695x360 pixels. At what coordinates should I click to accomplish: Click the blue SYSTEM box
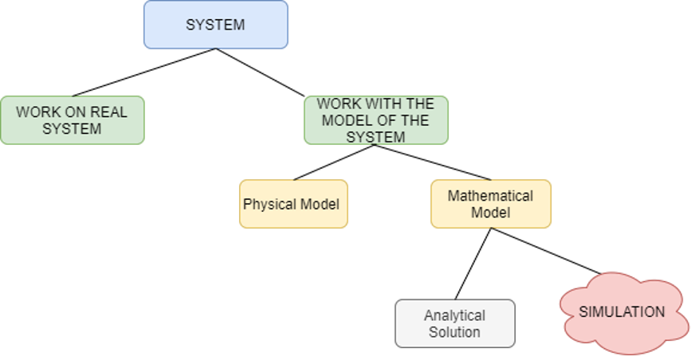point(215,25)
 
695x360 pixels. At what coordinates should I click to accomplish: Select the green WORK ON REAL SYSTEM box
point(72,120)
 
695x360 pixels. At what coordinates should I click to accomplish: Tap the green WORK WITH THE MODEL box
point(375,120)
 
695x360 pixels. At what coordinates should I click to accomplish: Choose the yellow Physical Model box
point(293,205)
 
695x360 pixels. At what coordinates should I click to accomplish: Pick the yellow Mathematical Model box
point(490,205)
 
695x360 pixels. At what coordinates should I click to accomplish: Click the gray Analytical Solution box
point(454,323)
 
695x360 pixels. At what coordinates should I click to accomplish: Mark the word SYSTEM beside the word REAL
point(72,128)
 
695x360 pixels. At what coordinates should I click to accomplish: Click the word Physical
point(269,205)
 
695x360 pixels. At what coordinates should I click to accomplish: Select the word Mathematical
point(490,196)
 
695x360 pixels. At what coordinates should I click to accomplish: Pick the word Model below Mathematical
point(490,213)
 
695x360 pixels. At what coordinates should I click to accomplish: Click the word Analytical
point(454,315)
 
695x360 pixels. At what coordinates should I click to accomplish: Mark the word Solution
point(454,332)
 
